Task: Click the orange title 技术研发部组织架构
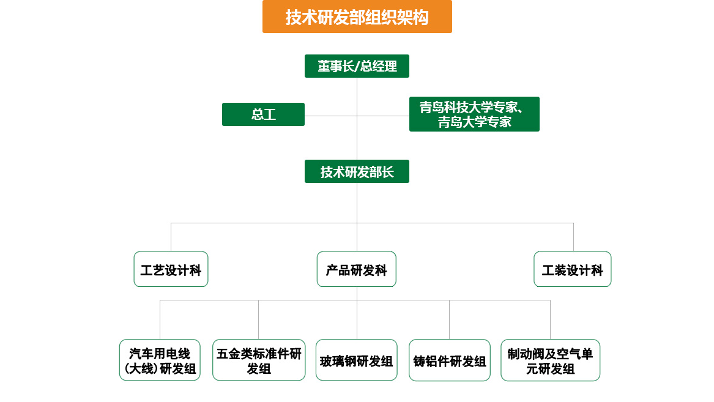(x=357, y=17)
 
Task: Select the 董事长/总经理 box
(x=357, y=66)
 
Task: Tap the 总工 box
(x=263, y=114)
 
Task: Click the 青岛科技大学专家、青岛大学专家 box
(x=474, y=114)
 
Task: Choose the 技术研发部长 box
(x=357, y=172)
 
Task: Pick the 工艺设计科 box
(x=171, y=269)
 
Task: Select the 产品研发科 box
(x=357, y=269)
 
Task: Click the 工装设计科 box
(x=573, y=269)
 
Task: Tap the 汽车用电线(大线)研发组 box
(x=160, y=360)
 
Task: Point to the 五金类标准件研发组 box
(x=259, y=360)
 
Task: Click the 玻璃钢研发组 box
(x=357, y=360)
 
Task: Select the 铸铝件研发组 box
(x=450, y=360)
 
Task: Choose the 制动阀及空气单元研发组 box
(x=550, y=360)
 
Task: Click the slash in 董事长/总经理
(x=357, y=67)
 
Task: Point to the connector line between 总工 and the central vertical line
(x=330, y=116)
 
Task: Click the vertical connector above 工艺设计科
(x=171, y=237)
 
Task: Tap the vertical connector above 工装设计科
(x=573, y=237)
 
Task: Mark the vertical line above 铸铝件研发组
(x=450, y=319)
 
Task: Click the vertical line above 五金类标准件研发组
(x=259, y=319)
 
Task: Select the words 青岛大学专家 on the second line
(x=475, y=122)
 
